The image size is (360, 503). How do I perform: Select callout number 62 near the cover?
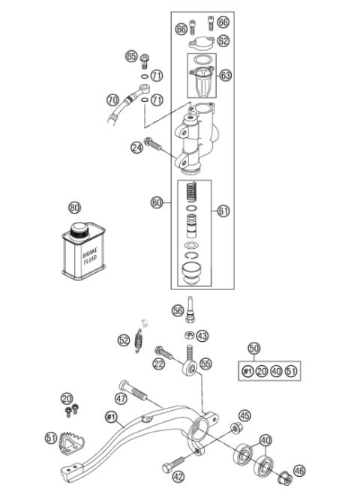point(223,40)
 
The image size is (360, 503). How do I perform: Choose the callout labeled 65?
point(131,56)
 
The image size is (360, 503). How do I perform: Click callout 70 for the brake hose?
point(112,99)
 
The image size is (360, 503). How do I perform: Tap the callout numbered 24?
point(137,148)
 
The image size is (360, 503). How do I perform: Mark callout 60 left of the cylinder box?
point(157,202)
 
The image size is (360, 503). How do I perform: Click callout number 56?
point(178,310)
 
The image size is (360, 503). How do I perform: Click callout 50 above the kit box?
point(254,349)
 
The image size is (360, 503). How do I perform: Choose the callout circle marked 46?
point(299,470)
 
